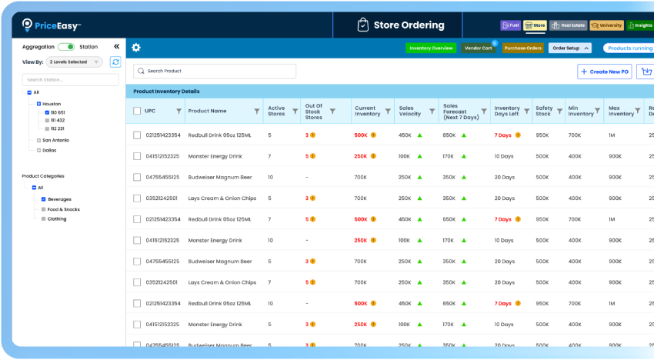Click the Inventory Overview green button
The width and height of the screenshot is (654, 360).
[x=431, y=48]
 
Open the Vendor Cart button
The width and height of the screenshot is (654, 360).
[x=478, y=48]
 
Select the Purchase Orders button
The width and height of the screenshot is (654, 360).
[x=523, y=48]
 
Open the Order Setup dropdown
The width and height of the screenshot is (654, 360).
[x=569, y=48]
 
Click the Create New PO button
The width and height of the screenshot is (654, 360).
[x=604, y=72]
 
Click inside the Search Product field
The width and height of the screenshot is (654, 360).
[x=215, y=71]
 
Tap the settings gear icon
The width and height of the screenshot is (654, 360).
[x=136, y=48]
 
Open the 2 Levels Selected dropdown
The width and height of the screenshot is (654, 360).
[x=74, y=62]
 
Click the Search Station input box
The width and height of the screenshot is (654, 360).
[x=70, y=79]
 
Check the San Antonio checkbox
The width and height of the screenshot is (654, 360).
[x=38, y=140]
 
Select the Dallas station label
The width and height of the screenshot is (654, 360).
[x=50, y=150]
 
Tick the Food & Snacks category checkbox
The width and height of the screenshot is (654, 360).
[x=44, y=209]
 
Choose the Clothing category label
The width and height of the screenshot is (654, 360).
[x=57, y=218]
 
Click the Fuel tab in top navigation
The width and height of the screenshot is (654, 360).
[x=510, y=25]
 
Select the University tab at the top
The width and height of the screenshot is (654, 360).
[x=607, y=25]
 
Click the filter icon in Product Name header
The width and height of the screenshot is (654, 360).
[x=257, y=111]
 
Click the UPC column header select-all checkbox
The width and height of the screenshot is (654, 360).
[x=137, y=111]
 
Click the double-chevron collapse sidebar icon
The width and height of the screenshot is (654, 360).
[x=116, y=47]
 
